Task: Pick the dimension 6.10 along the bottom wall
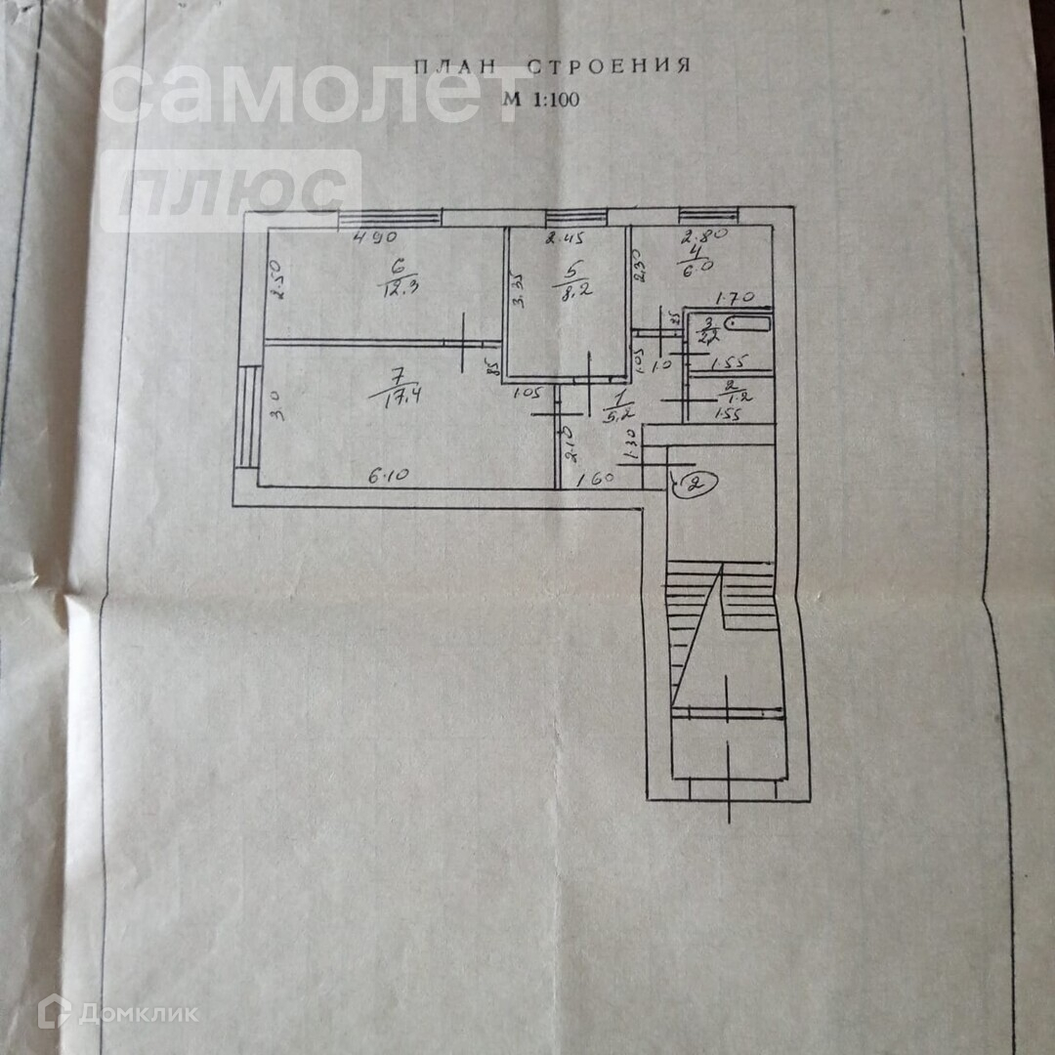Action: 388,476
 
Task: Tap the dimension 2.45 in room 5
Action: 563,237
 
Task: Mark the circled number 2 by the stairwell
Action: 693,484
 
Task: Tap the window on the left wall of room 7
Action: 247,418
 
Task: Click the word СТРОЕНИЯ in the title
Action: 610,66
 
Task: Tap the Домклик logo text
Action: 137,1013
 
